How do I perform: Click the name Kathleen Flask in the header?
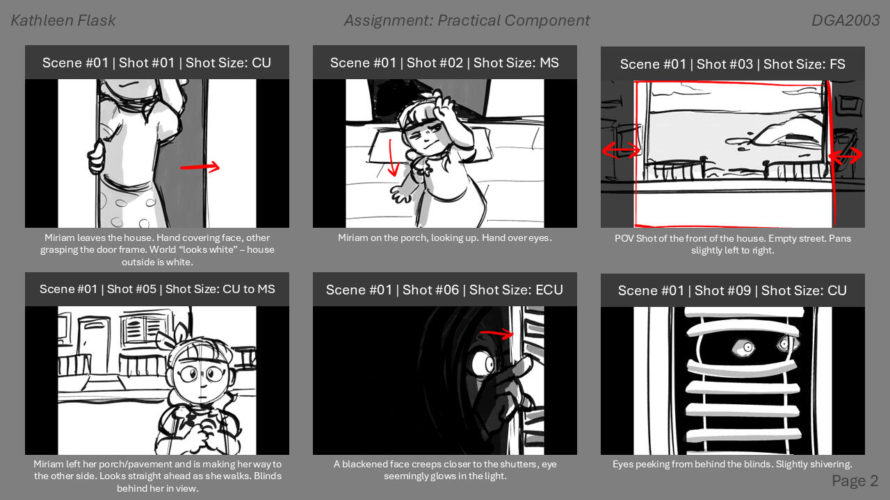coord(63,21)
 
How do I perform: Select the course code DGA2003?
coord(845,21)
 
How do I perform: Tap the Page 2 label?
coord(855,481)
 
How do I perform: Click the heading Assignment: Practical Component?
coord(467,21)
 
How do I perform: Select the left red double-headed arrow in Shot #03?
coord(621,150)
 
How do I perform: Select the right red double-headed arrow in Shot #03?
coord(845,156)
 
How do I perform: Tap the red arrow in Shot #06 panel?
coord(496,335)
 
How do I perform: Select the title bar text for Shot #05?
coord(157,289)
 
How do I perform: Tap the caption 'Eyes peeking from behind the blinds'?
coord(732,464)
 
